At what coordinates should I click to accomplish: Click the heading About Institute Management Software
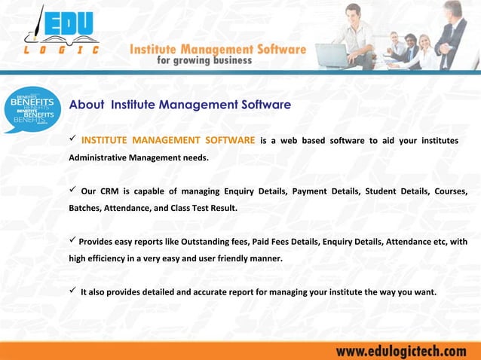click(x=179, y=105)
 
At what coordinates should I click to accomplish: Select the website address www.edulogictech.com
click(x=401, y=351)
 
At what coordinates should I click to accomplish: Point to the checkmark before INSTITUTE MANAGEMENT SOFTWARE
click(x=73, y=140)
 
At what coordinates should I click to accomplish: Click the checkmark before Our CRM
click(x=73, y=189)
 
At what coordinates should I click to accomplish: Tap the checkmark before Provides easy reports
click(x=73, y=241)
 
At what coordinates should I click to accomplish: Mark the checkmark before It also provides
click(x=73, y=291)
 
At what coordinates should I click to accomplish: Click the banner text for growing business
click(x=204, y=61)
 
